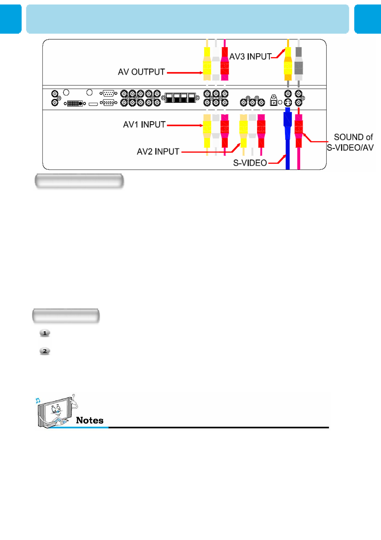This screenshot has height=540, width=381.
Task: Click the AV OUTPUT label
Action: (x=141, y=72)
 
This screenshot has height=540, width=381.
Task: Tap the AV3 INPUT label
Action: (x=250, y=57)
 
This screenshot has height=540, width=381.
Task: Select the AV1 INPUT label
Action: (x=144, y=124)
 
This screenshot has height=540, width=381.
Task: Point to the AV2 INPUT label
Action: (x=158, y=151)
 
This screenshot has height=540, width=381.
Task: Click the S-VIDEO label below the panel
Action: (x=250, y=163)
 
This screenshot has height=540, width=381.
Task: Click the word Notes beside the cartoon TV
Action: (x=90, y=420)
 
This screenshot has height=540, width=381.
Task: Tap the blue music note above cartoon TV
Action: (x=38, y=400)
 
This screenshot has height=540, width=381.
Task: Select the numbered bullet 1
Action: (x=45, y=333)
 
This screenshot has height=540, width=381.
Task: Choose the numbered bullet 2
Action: (x=45, y=351)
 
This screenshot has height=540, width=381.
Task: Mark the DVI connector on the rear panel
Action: (x=75, y=104)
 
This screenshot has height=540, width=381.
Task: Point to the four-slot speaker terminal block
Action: (x=180, y=97)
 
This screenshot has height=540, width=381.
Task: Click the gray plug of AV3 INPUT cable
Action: (x=298, y=64)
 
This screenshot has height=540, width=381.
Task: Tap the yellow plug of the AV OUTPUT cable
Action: (x=207, y=64)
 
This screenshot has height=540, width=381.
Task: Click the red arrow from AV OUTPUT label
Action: (x=185, y=73)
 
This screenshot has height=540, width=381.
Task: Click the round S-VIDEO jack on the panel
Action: (x=288, y=102)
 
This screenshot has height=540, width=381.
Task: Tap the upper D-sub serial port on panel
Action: (x=109, y=93)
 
